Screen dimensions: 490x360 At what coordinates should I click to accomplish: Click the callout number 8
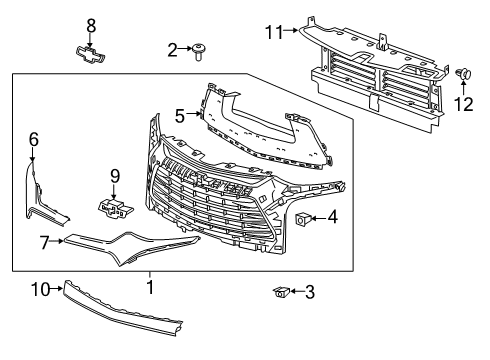pos(91,26)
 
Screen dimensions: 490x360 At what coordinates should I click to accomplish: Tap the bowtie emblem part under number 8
pos(89,54)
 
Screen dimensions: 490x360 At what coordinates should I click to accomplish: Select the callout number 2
pos(172,50)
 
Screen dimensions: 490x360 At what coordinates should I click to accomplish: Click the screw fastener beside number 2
pos(199,51)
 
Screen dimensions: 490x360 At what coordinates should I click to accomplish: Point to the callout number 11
pos(274,32)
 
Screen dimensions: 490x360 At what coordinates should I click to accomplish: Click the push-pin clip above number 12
pos(463,74)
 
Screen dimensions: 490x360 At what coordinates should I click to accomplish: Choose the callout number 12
pos(463,104)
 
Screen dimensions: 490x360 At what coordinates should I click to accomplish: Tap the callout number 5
pos(180,116)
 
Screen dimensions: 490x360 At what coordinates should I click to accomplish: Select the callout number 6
pos(34,139)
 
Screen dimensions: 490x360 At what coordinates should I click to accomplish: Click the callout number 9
pos(115,176)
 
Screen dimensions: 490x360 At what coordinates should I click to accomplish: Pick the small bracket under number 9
pos(115,209)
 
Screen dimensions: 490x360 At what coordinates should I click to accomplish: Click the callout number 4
pos(332,217)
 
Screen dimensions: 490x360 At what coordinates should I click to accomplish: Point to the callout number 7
pos(44,242)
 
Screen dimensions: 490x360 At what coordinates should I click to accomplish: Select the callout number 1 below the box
pos(150,287)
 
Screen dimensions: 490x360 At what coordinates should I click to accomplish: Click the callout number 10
pos(40,289)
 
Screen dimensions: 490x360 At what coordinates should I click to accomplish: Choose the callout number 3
pos(310,292)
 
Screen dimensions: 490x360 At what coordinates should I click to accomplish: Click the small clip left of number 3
pos(281,292)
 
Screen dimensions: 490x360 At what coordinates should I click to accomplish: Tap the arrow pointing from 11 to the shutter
pos(290,30)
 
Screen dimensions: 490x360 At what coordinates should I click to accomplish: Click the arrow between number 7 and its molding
pos(57,241)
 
